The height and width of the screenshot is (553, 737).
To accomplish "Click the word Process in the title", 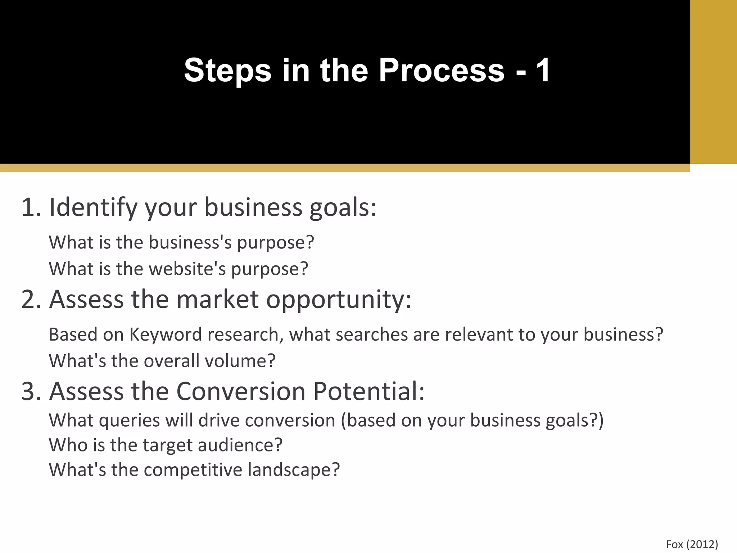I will click(442, 70).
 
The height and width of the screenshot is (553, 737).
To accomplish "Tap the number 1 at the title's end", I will click(543, 70).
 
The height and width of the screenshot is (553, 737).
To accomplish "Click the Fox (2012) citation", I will click(692, 544).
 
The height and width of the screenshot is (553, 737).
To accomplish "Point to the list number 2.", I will click(31, 300).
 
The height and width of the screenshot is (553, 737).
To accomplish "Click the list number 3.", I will click(31, 392).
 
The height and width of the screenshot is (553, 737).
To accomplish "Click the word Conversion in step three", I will click(241, 392).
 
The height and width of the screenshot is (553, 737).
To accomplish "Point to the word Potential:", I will click(369, 392).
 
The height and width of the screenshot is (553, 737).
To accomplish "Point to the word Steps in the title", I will click(227, 70).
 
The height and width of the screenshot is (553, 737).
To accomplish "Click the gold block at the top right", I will click(713, 82).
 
